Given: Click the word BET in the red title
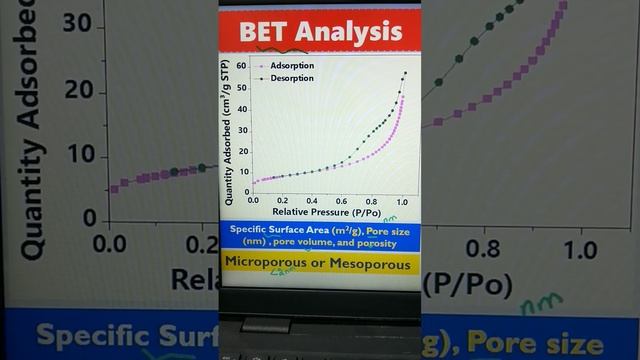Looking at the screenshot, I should click(263, 32).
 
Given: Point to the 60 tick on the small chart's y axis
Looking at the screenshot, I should click(241, 65).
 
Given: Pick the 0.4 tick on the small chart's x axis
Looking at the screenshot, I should click(312, 200).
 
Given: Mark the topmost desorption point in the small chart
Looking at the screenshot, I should click(405, 73).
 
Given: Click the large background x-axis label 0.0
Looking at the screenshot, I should click(108, 245).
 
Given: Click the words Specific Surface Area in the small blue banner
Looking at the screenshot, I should click(287, 229).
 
